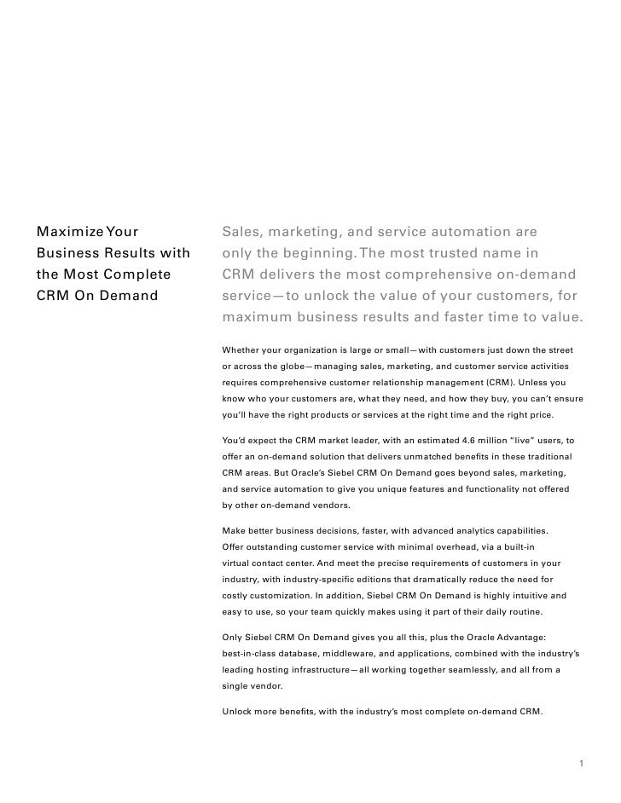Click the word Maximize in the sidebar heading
pyautogui.click(x=68, y=231)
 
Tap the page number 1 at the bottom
pyautogui.click(x=581, y=764)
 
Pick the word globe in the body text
pyautogui.click(x=275, y=366)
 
